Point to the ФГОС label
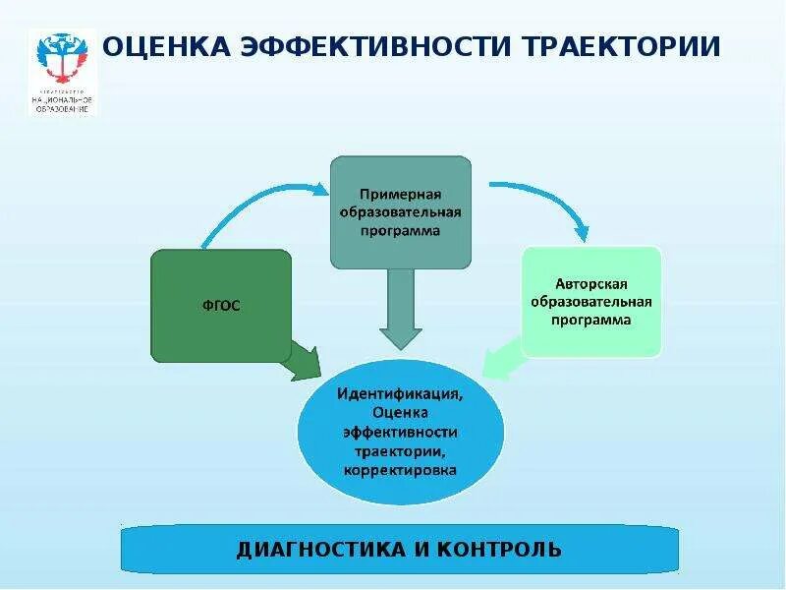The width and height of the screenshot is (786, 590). [x=222, y=306]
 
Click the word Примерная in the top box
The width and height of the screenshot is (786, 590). [x=399, y=193]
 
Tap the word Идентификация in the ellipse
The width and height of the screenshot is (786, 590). [x=400, y=393]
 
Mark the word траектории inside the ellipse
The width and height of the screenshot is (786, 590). [x=400, y=451]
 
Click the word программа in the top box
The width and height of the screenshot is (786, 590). [x=399, y=230]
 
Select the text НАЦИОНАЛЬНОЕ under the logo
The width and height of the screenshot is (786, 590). [x=63, y=99]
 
